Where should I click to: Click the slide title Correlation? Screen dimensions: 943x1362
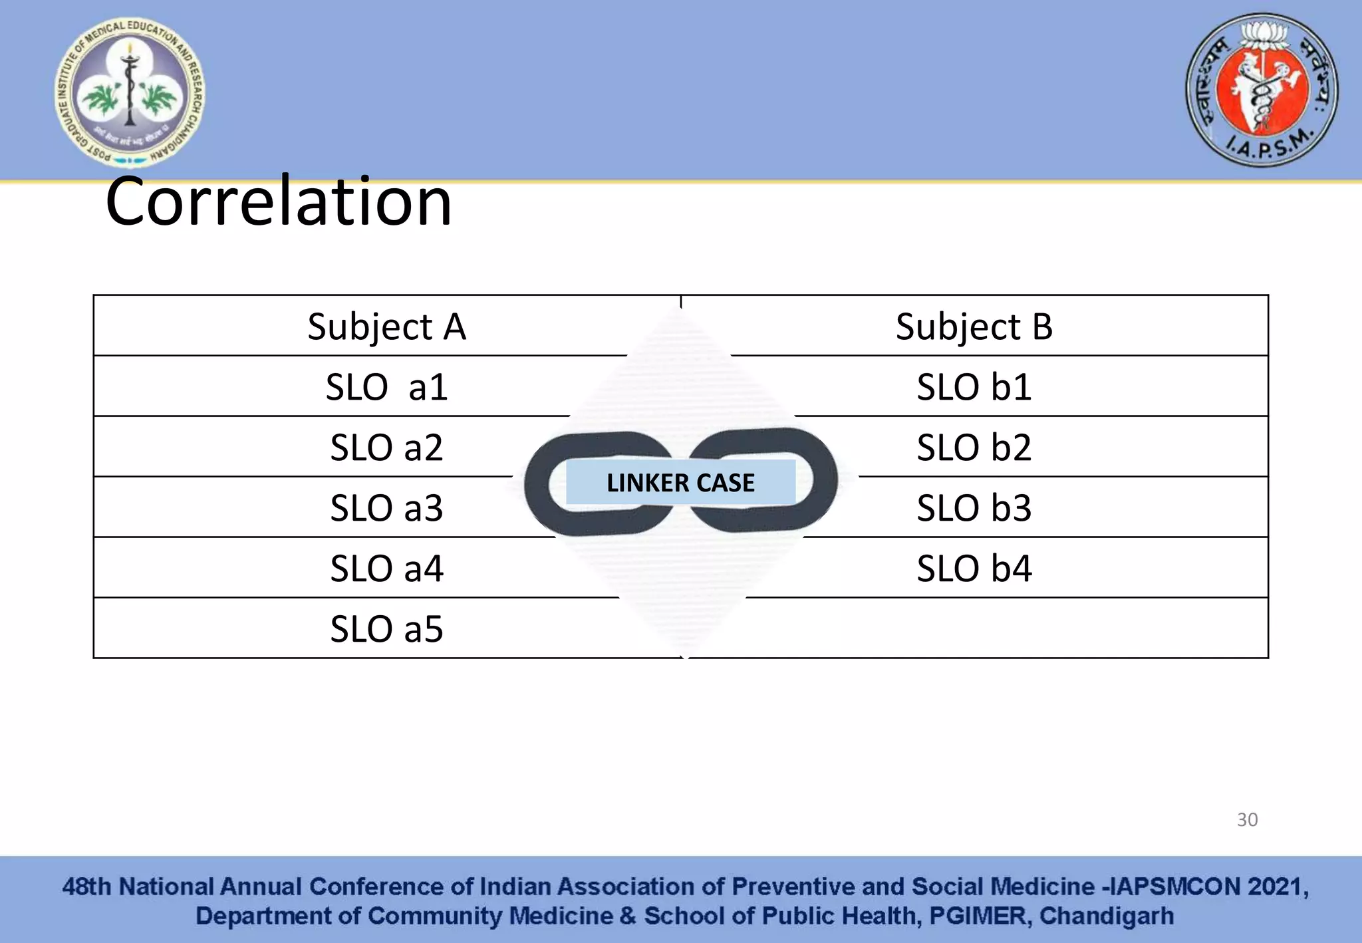279,202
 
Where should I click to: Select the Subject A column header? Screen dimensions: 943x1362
386,327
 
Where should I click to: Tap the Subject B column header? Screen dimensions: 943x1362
974,327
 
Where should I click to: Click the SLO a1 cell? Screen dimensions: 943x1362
386,387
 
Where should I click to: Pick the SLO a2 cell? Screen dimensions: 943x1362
386,448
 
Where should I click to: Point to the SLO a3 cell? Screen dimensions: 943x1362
386,508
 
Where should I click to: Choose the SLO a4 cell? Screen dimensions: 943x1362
386,569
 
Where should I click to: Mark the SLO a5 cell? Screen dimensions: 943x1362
386,629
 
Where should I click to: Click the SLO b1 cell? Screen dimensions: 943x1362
974,387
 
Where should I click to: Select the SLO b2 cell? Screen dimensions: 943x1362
974,448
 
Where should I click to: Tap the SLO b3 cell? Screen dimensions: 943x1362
974,508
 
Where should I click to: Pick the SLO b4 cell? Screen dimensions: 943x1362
974,569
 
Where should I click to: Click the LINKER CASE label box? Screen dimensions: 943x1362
680,482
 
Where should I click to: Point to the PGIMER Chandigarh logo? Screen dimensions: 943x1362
130,92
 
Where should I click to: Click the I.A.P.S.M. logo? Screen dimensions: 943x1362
1262,90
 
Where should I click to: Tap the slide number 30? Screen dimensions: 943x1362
1247,819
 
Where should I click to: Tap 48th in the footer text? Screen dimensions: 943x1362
86,886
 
